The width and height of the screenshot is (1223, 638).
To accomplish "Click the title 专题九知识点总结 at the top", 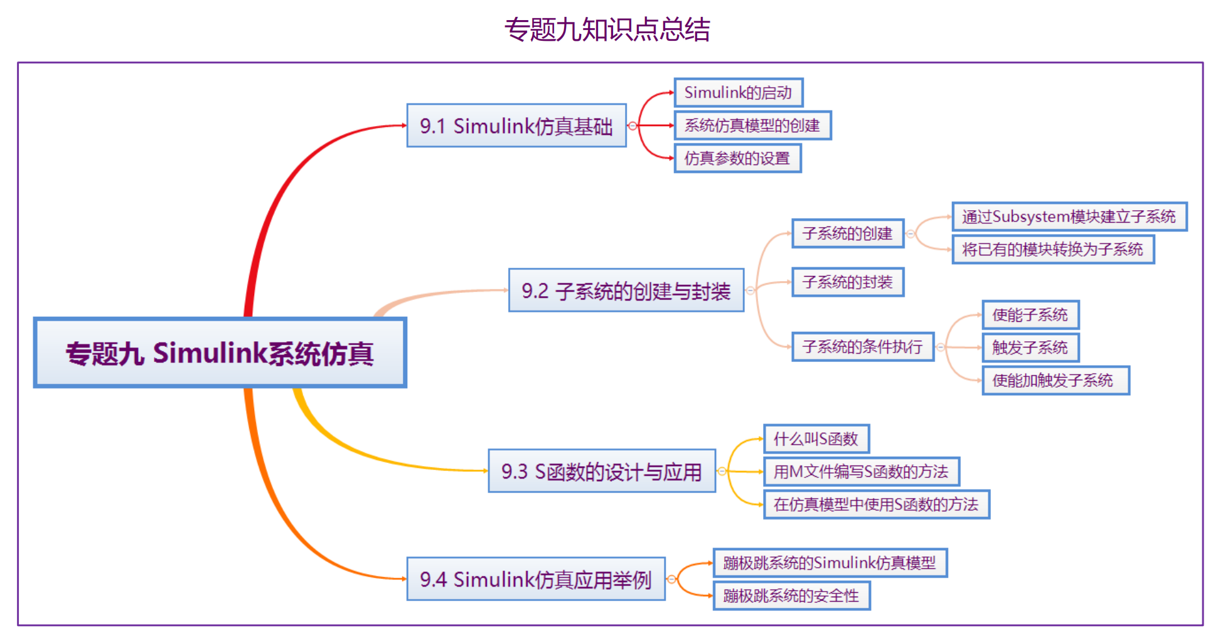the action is (607, 29).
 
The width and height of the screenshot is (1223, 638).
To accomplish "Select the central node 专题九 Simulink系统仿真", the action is (220, 353).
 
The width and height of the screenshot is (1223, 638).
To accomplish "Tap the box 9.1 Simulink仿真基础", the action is (516, 125).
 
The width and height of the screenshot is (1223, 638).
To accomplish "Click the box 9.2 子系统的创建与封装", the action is (626, 290).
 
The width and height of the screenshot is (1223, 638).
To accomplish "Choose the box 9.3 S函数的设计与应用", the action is (602, 471).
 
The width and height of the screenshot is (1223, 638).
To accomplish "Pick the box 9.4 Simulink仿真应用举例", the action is (536, 578).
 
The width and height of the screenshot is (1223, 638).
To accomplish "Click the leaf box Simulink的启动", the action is (739, 92).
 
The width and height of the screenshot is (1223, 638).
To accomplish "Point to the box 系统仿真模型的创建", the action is (752, 125).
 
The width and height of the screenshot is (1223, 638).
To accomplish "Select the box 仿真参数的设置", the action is (737, 158).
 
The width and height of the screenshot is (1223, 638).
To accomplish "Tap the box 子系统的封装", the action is (848, 282).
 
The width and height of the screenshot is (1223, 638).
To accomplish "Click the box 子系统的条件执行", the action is (863, 346).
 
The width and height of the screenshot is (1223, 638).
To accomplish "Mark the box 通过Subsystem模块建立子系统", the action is (1069, 216).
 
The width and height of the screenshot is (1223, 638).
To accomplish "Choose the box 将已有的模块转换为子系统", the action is (1053, 249).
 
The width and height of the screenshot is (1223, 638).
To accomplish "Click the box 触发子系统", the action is (1030, 347).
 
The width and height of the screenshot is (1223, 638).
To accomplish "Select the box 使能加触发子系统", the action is (1055, 380).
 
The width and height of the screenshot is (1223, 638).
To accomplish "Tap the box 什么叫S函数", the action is (816, 439).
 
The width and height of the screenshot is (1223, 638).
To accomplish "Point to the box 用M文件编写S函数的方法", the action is (862, 471).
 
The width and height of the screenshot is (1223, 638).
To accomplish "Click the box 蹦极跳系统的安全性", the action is (791, 595).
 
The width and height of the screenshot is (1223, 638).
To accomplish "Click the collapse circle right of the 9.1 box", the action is (633, 126).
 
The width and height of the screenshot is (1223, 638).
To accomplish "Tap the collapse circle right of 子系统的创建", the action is (911, 234).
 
